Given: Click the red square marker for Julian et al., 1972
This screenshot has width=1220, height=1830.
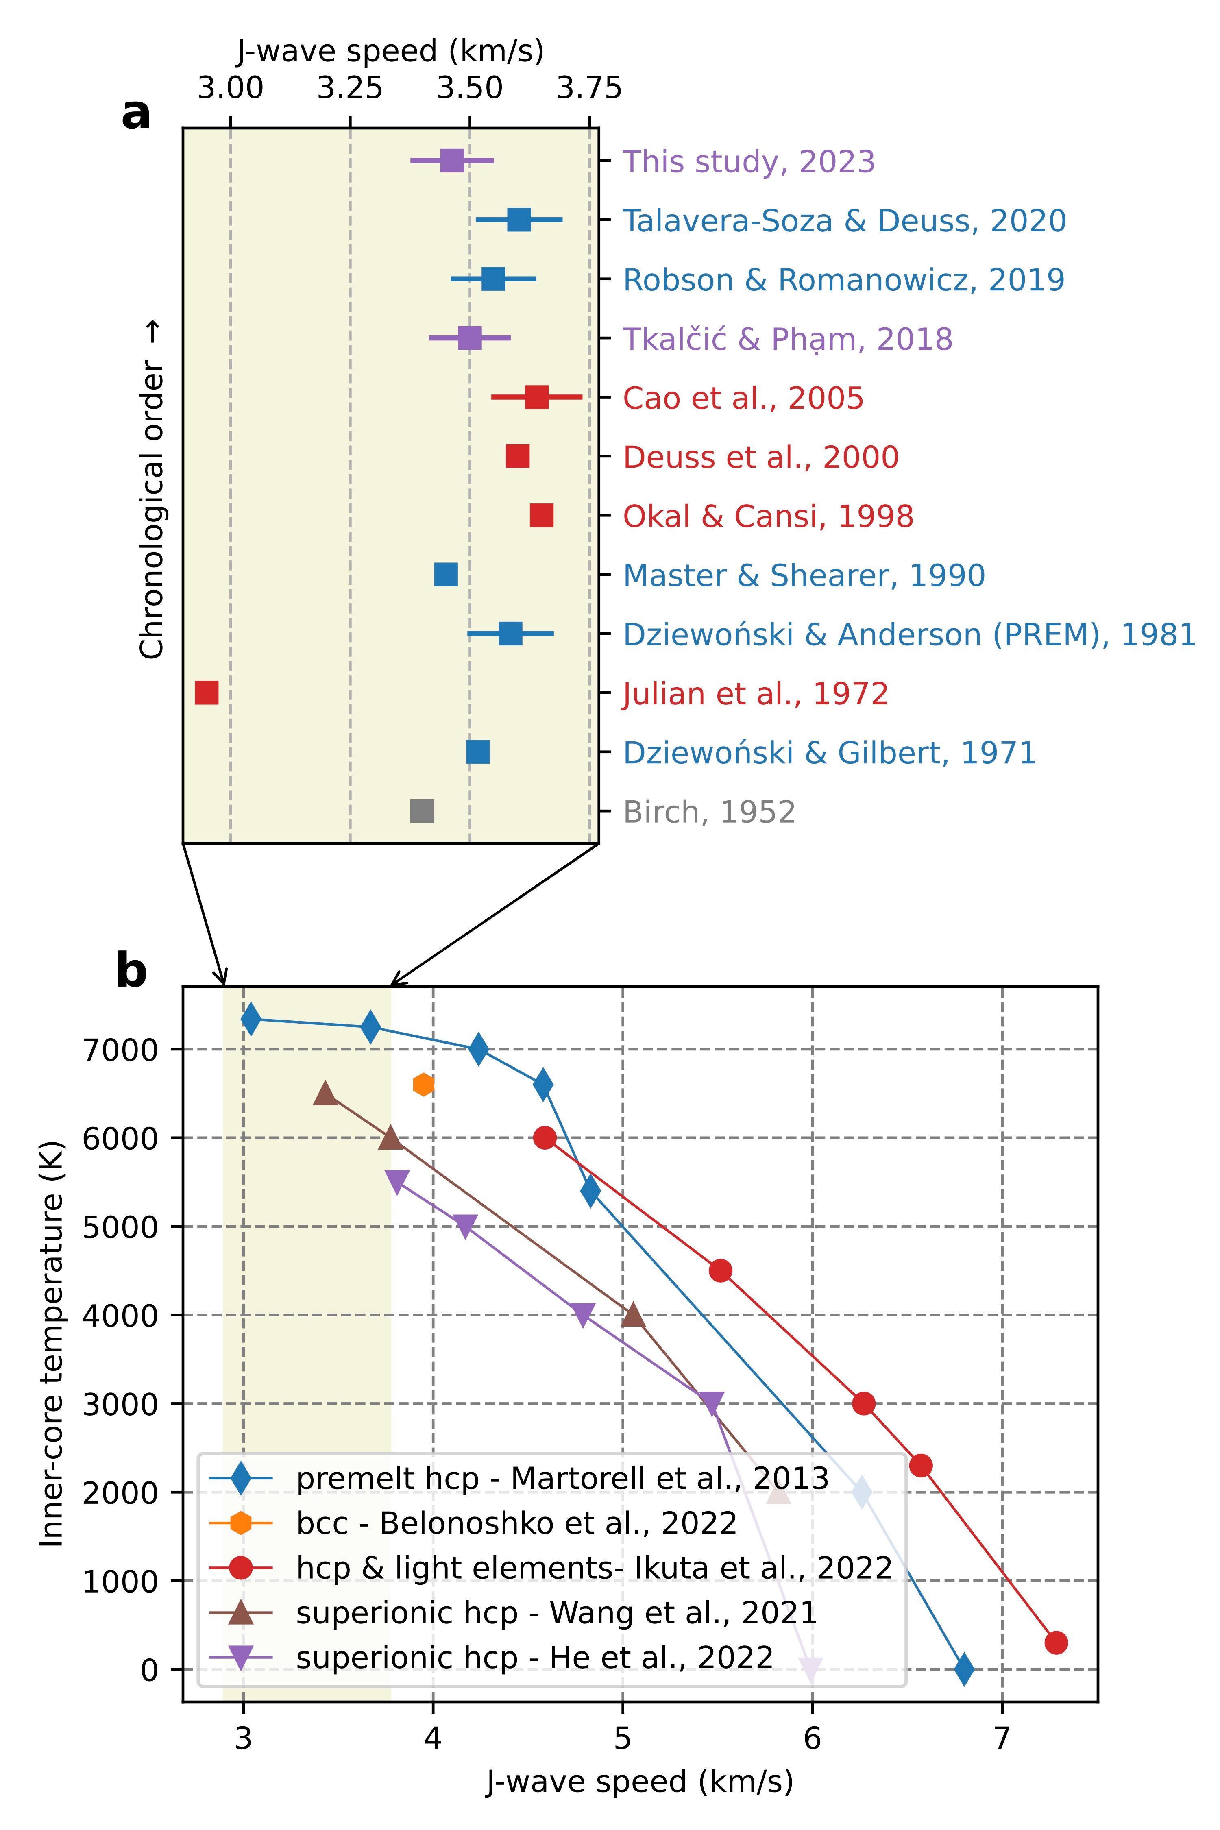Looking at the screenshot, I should (206, 693).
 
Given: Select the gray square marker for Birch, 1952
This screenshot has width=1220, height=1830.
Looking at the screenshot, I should (422, 811).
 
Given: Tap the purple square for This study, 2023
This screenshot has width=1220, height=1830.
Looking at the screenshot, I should (452, 161).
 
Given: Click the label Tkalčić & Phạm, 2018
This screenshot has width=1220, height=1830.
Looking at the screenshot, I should (787, 339).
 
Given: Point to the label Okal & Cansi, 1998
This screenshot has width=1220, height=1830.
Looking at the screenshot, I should (768, 516).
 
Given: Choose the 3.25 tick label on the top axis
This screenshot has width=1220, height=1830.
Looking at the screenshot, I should (350, 88).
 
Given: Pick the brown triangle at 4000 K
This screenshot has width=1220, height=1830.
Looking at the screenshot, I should (633, 1315).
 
